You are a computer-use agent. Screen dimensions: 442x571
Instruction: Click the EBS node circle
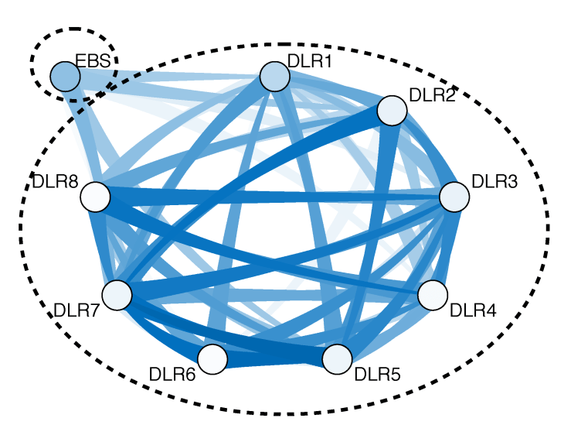(65, 76)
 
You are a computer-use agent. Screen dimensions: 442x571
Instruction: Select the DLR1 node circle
(274, 77)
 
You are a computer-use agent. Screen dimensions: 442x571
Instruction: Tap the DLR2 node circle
(393, 111)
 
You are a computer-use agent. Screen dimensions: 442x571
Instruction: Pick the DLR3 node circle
(454, 197)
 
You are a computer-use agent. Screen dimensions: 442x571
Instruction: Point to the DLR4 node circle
(433, 294)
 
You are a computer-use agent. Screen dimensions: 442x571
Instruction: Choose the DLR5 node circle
(337, 359)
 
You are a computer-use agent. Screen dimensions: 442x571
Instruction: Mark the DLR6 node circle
(212, 359)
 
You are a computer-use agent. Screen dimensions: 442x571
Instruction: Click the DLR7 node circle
(117, 295)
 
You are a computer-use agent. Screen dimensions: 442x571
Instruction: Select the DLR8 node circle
(95, 197)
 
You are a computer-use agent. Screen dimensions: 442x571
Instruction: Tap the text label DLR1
(309, 61)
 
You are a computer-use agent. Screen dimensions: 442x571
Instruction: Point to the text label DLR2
(433, 95)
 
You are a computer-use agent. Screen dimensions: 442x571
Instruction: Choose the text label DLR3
(495, 183)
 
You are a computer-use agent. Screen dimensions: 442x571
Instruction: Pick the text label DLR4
(473, 311)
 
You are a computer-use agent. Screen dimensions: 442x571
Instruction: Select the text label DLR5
(377, 376)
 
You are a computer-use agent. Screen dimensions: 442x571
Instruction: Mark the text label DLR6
(172, 375)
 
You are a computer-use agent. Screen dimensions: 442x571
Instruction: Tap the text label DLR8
(56, 183)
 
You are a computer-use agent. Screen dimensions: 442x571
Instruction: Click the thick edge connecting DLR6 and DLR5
(274, 358)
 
